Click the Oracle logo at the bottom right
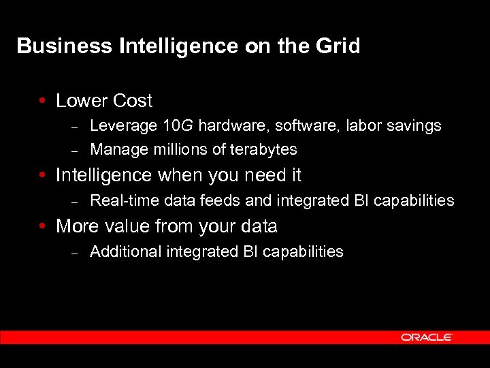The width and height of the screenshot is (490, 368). (427, 337)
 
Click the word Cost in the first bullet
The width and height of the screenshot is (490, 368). (133, 101)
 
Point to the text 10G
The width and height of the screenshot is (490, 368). (179, 125)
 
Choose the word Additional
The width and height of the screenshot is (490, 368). (120, 251)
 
